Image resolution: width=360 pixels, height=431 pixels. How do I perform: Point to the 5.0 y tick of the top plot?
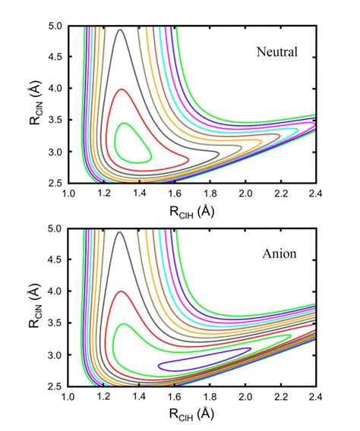point(54,27)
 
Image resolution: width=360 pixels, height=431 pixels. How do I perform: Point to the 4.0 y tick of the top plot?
point(54,90)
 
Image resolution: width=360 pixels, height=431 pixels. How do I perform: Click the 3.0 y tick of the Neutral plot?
point(54,153)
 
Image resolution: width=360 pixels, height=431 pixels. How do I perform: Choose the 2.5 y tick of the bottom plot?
point(54,386)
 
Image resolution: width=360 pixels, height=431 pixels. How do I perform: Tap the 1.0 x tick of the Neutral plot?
point(68,194)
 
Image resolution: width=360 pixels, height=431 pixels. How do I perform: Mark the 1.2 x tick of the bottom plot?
point(104,397)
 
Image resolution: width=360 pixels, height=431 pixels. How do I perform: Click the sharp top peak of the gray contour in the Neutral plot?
point(119,30)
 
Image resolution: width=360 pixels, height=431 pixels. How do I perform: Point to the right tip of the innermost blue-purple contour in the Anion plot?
point(251,349)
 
